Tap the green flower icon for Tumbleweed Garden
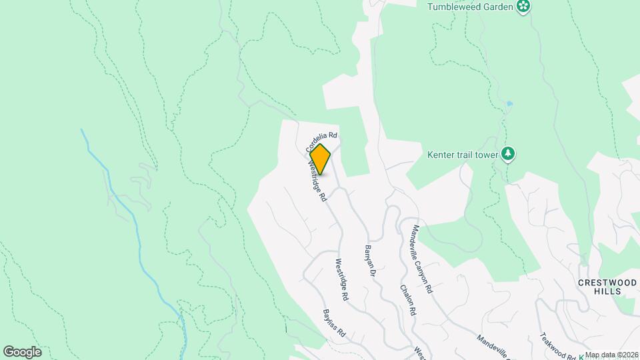click(x=523, y=7)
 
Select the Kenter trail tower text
click(x=463, y=155)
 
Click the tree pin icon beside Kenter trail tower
click(x=509, y=154)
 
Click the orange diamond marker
click(x=320, y=160)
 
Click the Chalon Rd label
click(x=409, y=300)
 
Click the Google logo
click(x=22, y=352)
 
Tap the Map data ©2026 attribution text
click(x=611, y=355)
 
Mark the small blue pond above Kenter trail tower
click(x=509, y=104)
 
